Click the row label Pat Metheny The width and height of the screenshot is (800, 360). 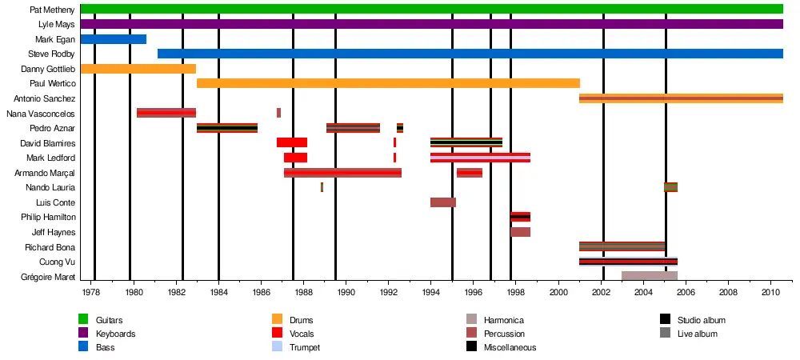click(x=52, y=10)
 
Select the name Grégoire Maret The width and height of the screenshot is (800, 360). click(x=47, y=277)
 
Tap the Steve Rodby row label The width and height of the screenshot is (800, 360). click(x=51, y=54)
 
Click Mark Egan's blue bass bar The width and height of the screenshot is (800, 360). click(x=113, y=39)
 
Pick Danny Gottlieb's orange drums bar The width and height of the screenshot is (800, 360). click(x=138, y=69)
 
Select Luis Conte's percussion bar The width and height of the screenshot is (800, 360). click(x=443, y=202)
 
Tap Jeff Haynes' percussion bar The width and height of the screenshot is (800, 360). click(x=520, y=232)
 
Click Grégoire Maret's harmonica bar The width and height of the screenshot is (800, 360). click(x=650, y=276)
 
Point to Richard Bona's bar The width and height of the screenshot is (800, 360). click(x=622, y=246)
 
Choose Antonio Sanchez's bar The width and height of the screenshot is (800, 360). click(x=681, y=98)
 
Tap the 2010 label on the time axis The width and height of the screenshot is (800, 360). click(x=770, y=293)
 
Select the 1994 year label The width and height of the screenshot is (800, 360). click(x=430, y=293)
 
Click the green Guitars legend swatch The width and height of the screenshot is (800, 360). click(x=83, y=320)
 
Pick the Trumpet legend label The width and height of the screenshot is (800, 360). click(x=303, y=347)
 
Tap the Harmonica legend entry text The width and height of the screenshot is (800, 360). click(x=504, y=320)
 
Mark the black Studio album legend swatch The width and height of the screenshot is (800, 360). click(x=665, y=320)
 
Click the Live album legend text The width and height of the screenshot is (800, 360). click(x=697, y=334)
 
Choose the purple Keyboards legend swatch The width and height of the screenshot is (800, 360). click(x=83, y=334)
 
